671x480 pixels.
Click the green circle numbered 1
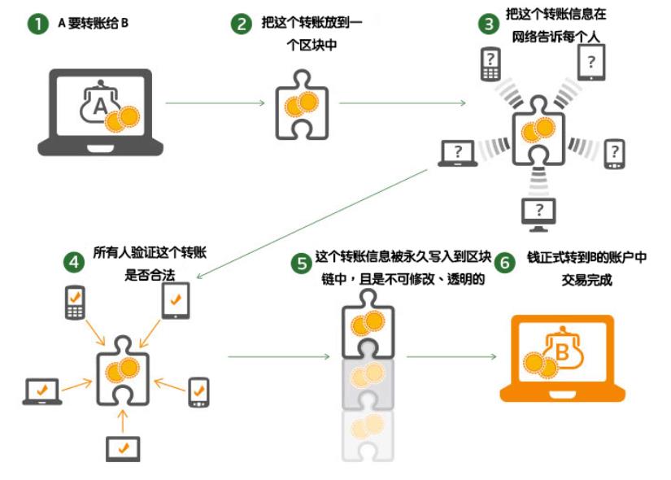click(37, 24)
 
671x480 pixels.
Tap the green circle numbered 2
click(242, 24)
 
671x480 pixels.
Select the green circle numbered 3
click(489, 24)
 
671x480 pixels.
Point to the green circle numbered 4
click(74, 262)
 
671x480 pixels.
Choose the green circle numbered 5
click(301, 263)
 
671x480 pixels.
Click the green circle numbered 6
click(505, 262)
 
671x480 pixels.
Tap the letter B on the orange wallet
click(562, 352)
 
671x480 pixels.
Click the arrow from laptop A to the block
click(216, 103)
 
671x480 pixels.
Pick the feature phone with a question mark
click(490, 63)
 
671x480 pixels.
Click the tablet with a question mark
click(591, 63)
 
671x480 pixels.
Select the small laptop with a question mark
click(458, 153)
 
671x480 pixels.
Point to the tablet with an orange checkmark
click(176, 300)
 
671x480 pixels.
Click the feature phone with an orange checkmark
click(75, 303)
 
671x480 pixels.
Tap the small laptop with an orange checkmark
click(42, 391)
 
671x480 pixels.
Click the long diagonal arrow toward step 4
click(312, 224)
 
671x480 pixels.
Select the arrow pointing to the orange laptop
click(451, 356)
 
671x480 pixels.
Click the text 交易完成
click(586, 280)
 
